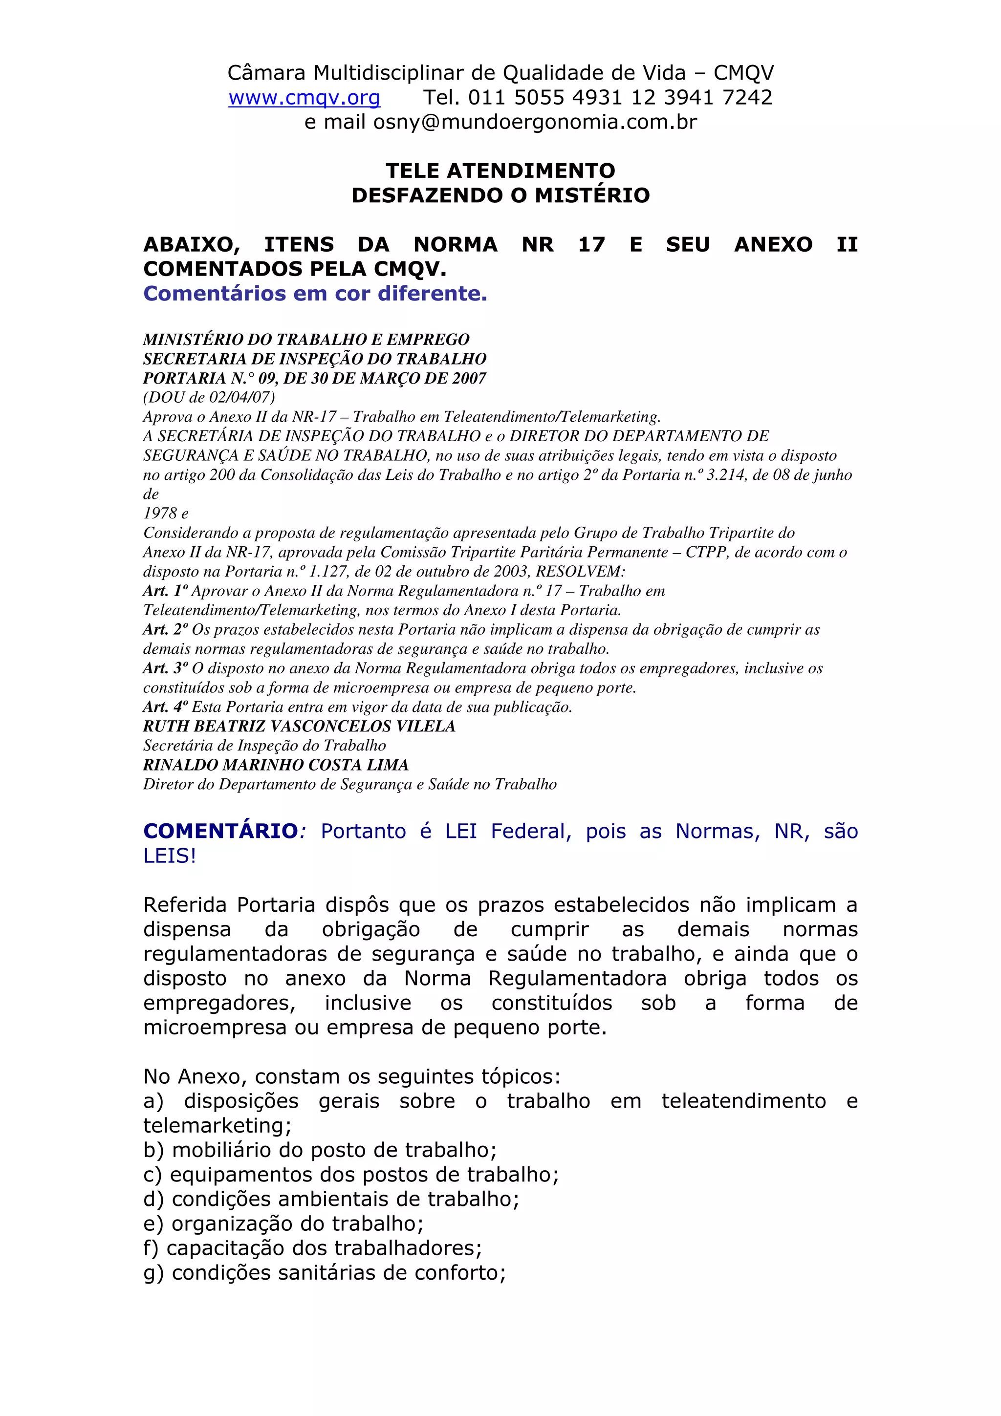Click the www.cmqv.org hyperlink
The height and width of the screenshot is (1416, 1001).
pos(304,97)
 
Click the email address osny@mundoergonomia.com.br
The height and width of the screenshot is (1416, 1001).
pos(535,122)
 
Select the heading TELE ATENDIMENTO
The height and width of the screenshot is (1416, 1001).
pos(500,171)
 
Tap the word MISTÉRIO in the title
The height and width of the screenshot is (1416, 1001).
pos(592,195)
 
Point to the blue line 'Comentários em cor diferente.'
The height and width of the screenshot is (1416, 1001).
pos(315,294)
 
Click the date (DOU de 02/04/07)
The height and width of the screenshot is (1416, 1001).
pos(209,397)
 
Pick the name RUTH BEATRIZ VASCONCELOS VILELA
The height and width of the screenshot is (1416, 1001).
pos(299,727)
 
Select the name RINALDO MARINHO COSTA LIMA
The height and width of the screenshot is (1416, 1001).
pos(276,765)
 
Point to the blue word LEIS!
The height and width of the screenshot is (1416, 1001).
pos(170,856)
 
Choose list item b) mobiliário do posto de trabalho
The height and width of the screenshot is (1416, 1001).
pos(320,1150)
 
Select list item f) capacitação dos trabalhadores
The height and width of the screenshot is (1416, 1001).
pos(312,1248)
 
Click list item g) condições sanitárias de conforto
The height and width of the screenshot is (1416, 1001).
pos(325,1273)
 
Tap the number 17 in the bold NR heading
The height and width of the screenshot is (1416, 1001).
pos(591,245)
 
